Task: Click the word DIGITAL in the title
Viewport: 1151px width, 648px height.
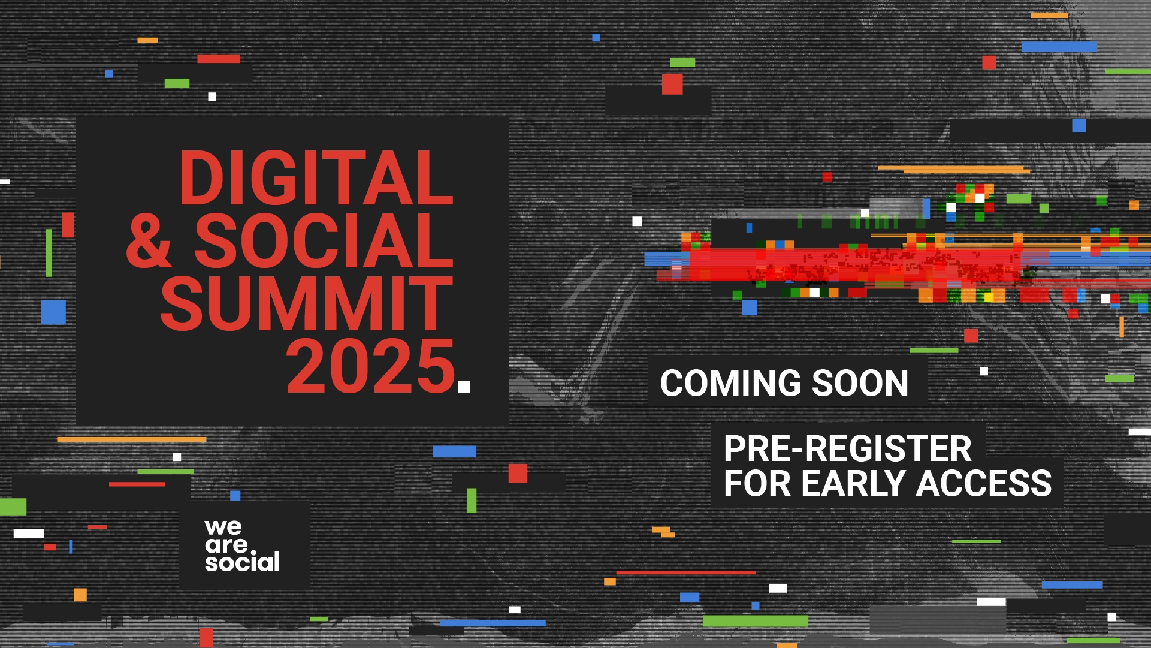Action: click(x=316, y=179)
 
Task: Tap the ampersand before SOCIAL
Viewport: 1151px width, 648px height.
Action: click(x=149, y=241)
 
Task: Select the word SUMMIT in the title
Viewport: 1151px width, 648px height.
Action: click(x=306, y=304)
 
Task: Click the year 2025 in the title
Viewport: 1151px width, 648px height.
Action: click(x=371, y=367)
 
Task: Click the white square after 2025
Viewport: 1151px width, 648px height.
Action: click(x=464, y=387)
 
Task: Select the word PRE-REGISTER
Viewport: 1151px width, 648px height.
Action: click(x=847, y=449)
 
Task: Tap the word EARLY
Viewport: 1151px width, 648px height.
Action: click(x=853, y=483)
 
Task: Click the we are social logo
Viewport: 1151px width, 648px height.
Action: click(x=242, y=545)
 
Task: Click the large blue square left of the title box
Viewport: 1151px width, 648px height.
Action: click(x=53, y=312)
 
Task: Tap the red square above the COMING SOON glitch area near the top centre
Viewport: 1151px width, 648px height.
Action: click(x=672, y=84)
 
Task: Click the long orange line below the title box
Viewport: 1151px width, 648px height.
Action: click(x=132, y=439)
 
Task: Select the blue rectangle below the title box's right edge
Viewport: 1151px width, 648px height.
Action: click(x=454, y=451)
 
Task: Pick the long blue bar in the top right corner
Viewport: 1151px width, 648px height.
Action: click(x=1059, y=47)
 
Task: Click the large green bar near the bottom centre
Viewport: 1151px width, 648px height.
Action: click(x=755, y=621)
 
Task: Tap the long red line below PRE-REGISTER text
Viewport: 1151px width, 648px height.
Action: click(x=685, y=573)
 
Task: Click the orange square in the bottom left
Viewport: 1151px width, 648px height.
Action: click(x=80, y=595)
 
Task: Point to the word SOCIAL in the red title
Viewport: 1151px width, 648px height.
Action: click(x=324, y=241)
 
